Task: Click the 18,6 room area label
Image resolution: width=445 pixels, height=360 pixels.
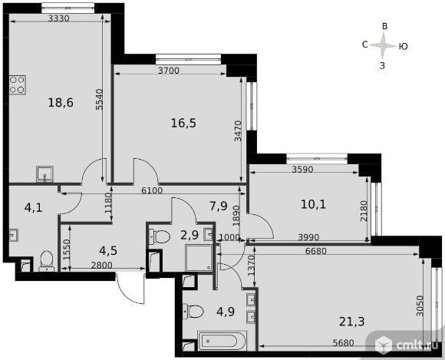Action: click(x=61, y=103)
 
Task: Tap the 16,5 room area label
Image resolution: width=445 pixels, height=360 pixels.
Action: click(x=183, y=124)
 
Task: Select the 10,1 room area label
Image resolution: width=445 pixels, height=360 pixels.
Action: click(x=313, y=204)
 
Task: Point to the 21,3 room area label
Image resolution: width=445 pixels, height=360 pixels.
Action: click(x=352, y=322)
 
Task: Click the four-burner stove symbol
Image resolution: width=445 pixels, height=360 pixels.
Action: click(x=18, y=85)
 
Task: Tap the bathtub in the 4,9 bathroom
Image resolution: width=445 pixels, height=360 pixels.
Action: click(x=222, y=340)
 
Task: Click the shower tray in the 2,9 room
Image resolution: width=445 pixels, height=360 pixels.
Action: click(x=199, y=258)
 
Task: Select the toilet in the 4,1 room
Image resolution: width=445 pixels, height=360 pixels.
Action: click(x=46, y=261)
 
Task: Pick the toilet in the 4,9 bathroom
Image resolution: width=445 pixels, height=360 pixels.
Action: click(x=193, y=312)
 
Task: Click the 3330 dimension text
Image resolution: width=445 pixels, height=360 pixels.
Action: click(x=59, y=18)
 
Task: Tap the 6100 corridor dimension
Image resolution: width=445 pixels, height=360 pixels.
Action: click(x=152, y=190)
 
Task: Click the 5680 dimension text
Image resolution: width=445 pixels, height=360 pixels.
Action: click(x=344, y=343)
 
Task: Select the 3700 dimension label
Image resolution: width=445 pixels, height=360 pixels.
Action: click(x=169, y=71)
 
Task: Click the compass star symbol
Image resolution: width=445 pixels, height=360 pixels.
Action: click(x=384, y=45)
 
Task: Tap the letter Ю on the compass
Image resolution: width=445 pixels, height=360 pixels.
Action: click(x=404, y=46)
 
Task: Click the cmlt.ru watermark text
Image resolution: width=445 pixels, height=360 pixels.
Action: click(x=417, y=345)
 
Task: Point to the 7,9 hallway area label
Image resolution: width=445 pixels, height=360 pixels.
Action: click(x=219, y=206)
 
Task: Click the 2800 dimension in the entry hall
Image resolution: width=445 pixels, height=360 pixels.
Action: click(x=101, y=266)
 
